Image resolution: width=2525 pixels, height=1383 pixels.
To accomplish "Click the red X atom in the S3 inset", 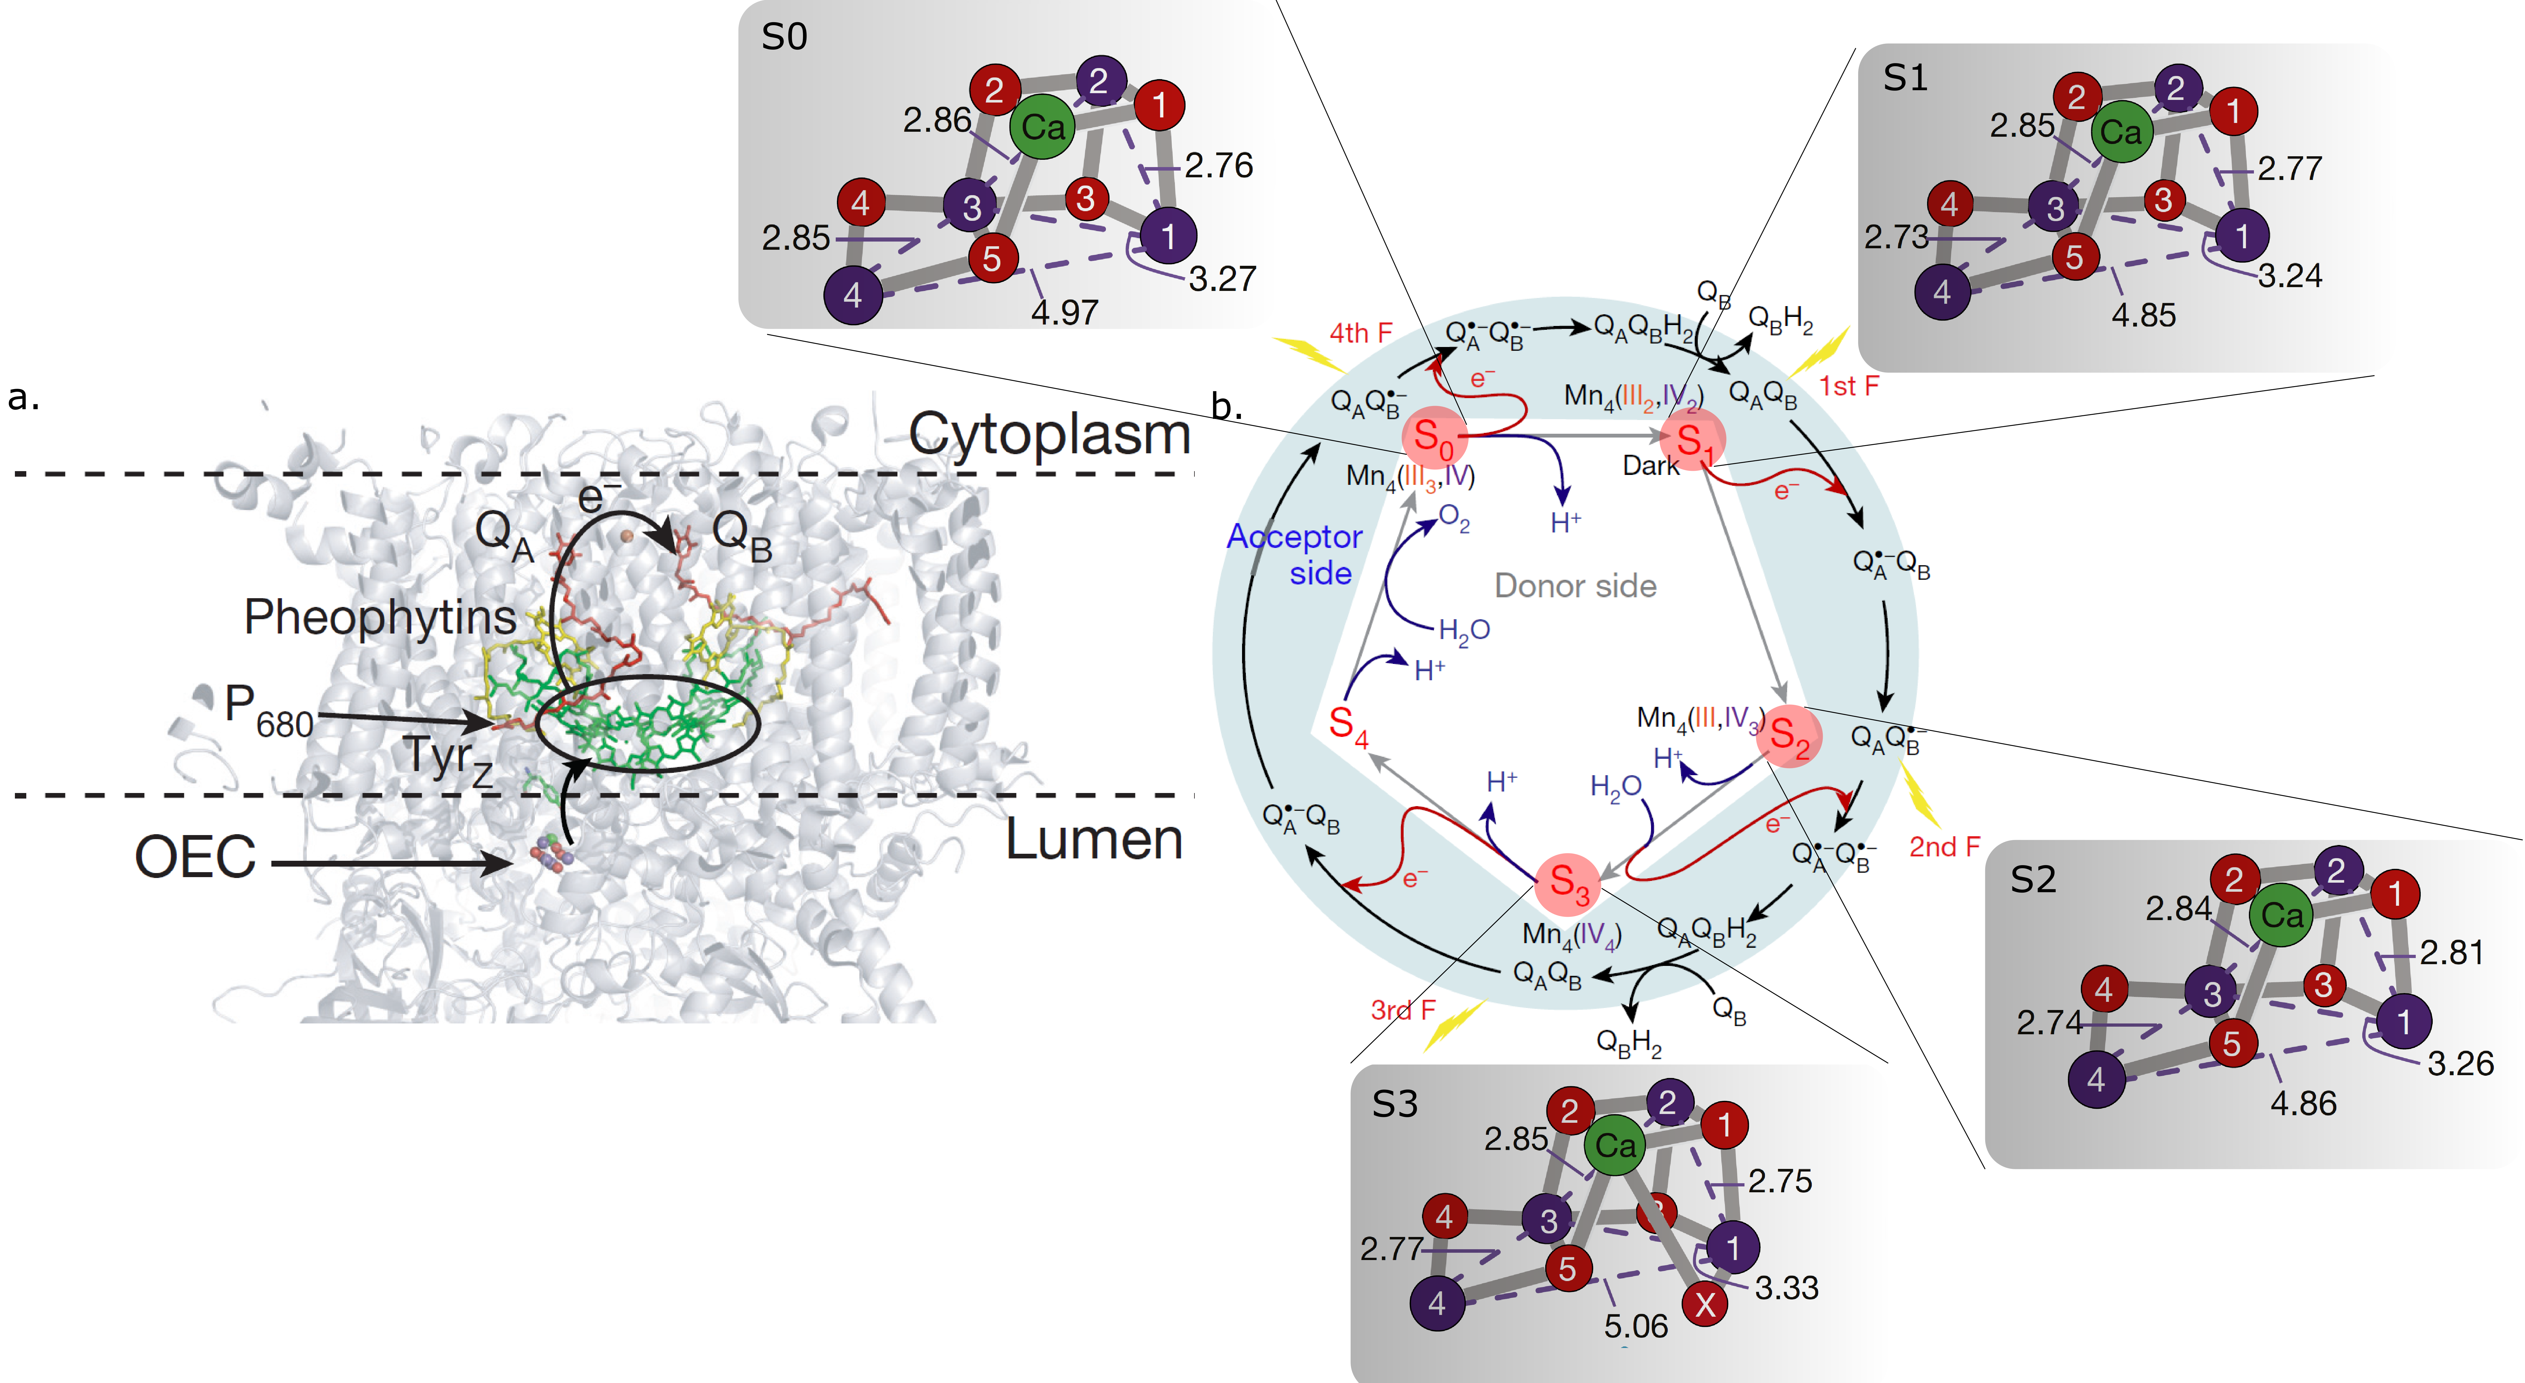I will (x=1704, y=1304).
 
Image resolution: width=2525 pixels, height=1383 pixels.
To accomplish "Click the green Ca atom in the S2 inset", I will (x=2281, y=915).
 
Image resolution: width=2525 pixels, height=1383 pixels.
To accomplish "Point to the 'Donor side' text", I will (x=1575, y=586).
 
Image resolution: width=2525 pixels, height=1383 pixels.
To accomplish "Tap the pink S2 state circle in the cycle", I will (x=1789, y=736).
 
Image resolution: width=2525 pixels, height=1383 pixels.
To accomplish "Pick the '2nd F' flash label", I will (x=1944, y=847).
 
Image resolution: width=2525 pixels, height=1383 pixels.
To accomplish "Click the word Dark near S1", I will (x=1651, y=466).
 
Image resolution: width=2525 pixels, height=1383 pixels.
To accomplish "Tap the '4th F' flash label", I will (x=1361, y=333).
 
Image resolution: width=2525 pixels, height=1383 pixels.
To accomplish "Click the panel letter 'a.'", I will (x=24, y=397).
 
